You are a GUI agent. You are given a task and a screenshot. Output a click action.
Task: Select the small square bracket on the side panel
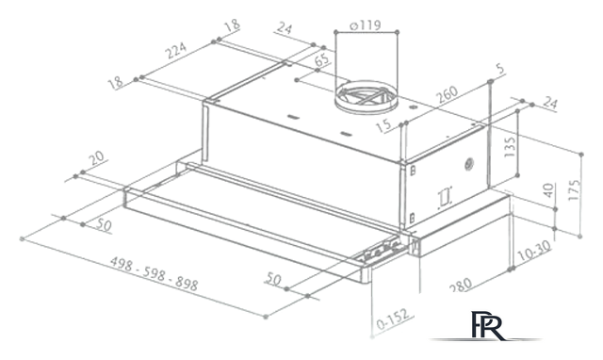pos(443,198)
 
